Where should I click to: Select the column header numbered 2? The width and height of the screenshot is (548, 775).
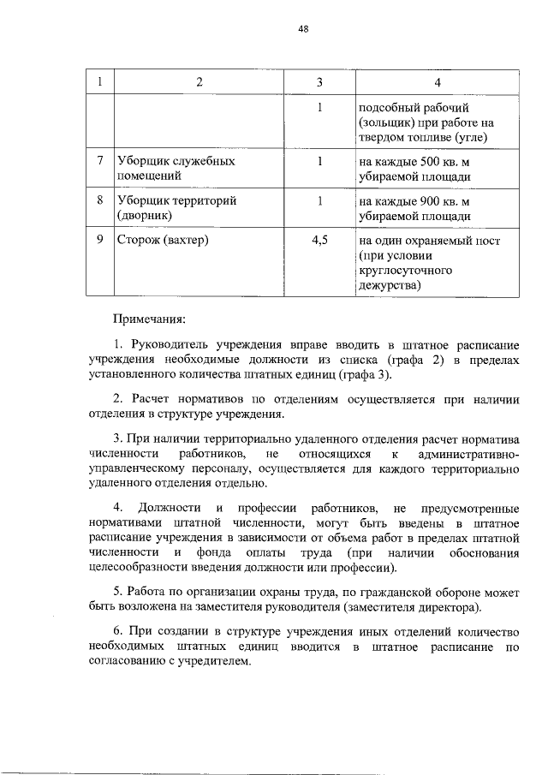[x=200, y=83]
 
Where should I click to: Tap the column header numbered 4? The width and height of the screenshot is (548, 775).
[x=438, y=83]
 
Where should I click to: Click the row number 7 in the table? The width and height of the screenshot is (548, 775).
[x=101, y=161]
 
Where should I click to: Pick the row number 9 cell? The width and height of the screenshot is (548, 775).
[x=101, y=241]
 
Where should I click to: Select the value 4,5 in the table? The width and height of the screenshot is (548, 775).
[x=319, y=241]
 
